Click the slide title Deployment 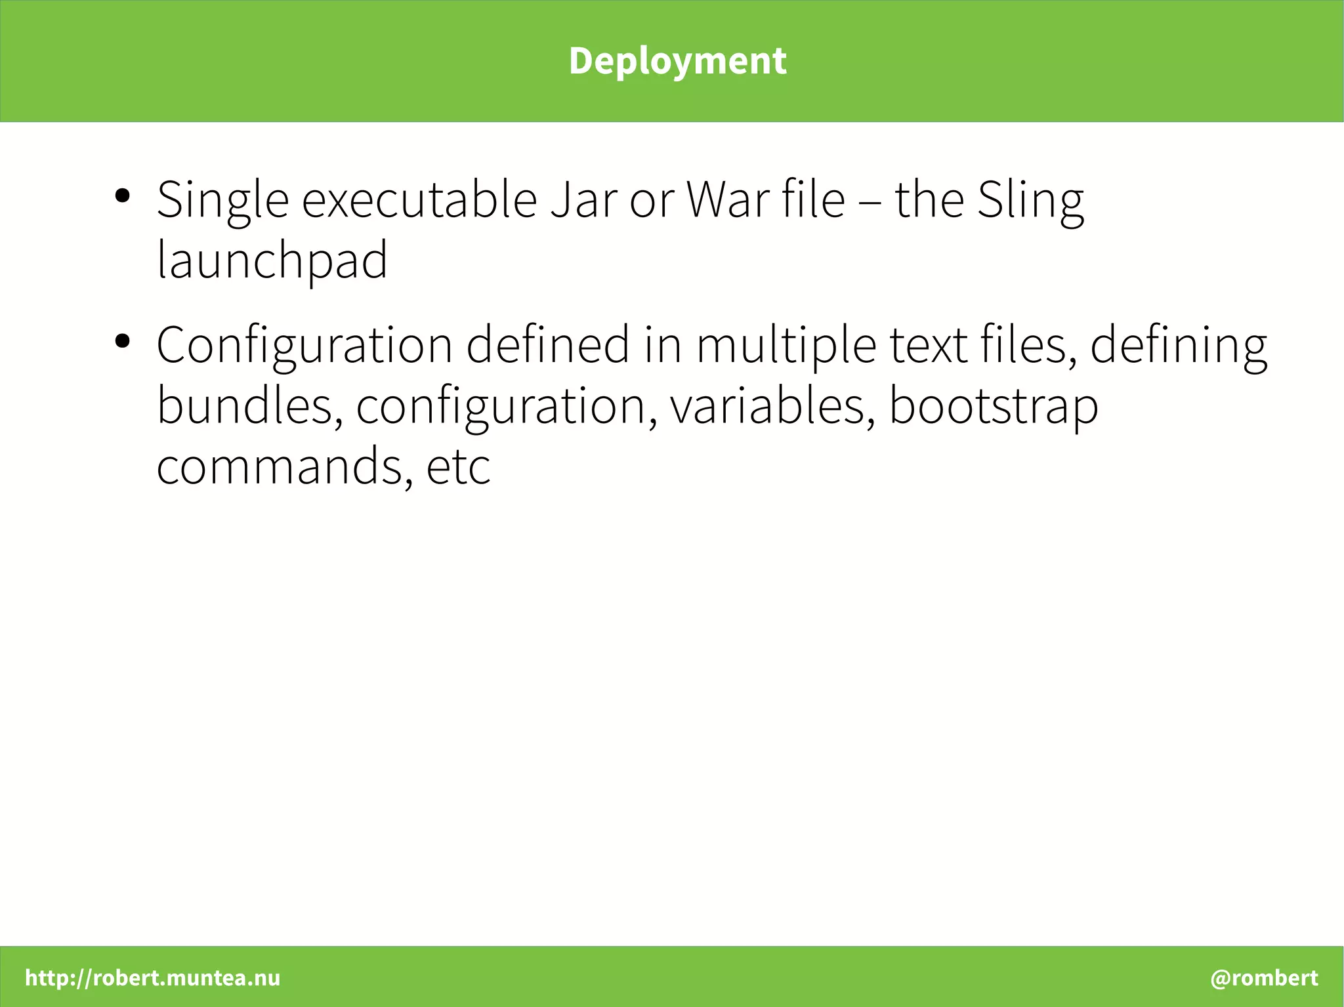click(x=677, y=61)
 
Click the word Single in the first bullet click(x=222, y=200)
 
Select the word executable click(x=419, y=200)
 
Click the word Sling click(x=1030, y=200)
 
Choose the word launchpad click(x=272, y=260)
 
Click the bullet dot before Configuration click(x=122, y=341)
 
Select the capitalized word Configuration click(x=304, y=346)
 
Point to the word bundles click(x=249, y=406)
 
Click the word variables click(x=772, y=406)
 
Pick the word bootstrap click(x=993, y=406)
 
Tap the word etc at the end click(x=458, y=466)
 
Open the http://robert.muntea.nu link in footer click(x=152, y=977)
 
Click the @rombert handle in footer click(x=1264, y=977)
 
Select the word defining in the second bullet click(x=1178, y=346)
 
